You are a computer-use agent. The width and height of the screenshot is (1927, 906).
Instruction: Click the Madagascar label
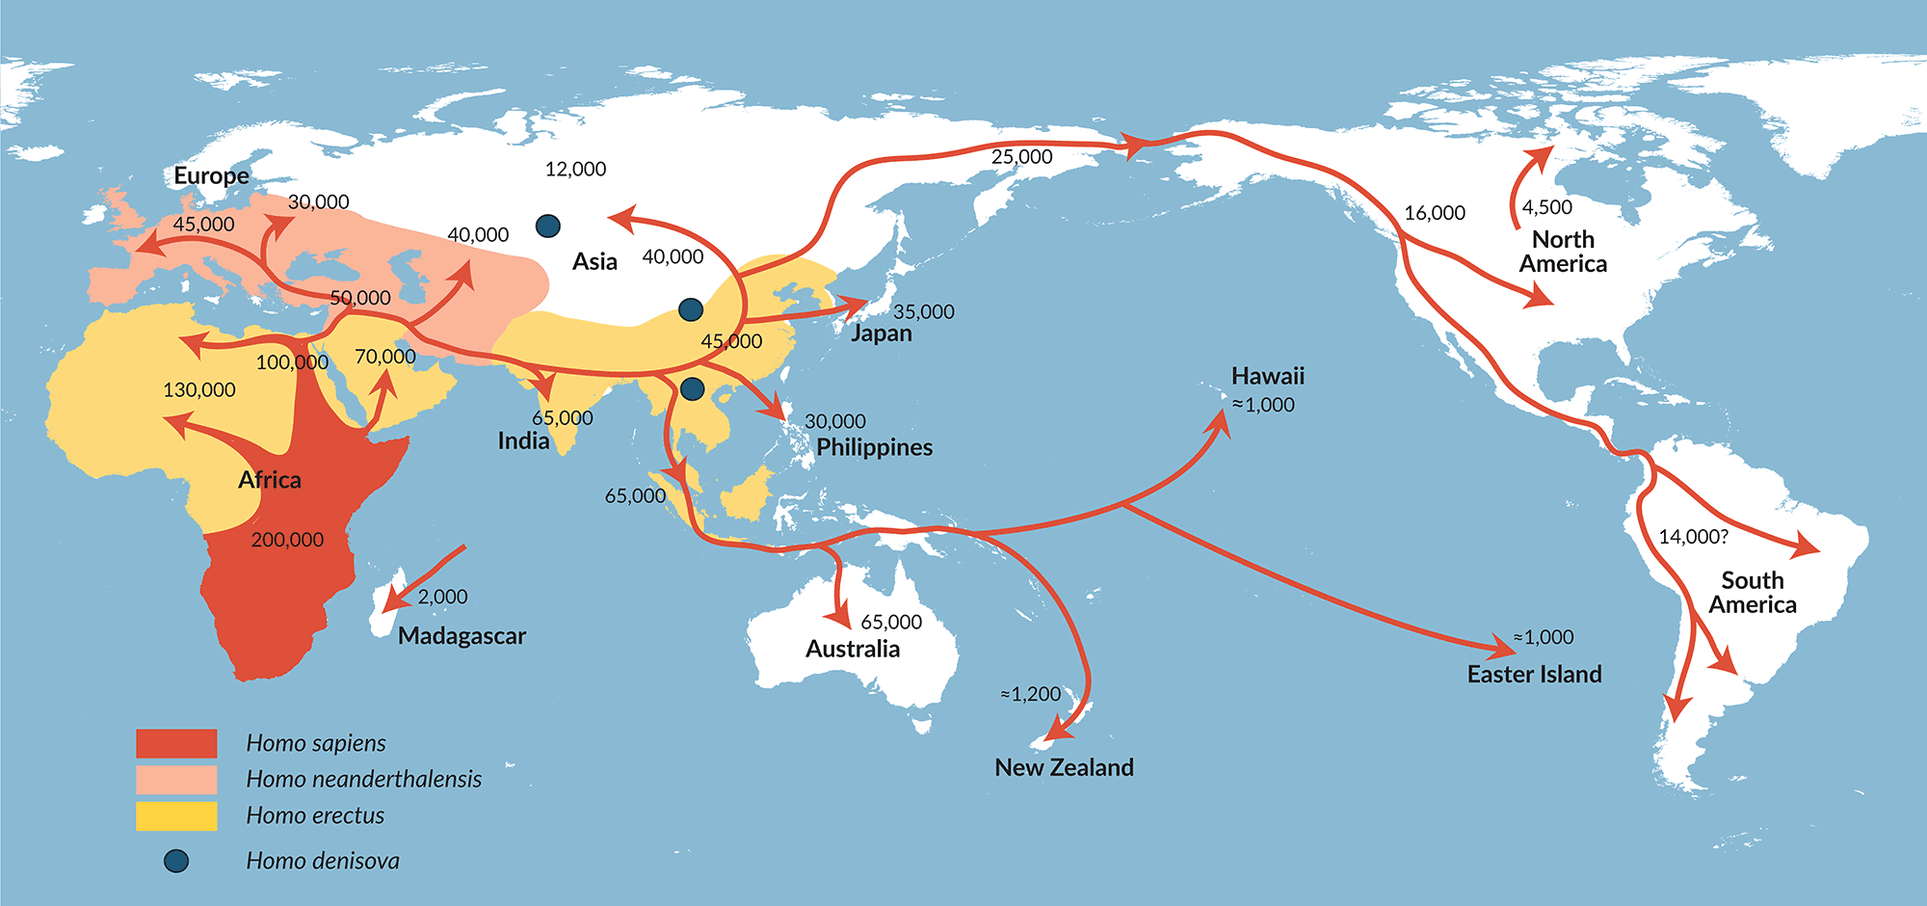(x=462, y=636)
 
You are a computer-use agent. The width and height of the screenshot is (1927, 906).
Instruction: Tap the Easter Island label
(x=1534, y=675)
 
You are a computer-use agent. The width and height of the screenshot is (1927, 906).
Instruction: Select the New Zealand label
(x=1064, y=767)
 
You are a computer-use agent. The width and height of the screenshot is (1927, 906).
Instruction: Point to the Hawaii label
(x=1267, y=376)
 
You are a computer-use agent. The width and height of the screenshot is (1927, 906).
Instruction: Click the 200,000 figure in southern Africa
(x=287, y=540)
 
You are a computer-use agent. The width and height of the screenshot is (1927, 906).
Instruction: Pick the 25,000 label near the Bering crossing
(x=1021, y=157)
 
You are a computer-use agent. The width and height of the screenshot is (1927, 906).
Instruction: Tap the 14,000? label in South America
(x=1693, y=537)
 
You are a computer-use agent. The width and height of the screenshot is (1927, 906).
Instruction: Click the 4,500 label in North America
(x=1546, y=207)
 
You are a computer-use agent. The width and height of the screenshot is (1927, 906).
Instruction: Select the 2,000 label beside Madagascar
(x=442, y=597)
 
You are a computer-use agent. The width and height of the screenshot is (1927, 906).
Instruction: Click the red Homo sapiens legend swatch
(x=176, y=743)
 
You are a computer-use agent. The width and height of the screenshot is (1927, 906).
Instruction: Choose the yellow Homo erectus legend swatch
(x=176, y=815)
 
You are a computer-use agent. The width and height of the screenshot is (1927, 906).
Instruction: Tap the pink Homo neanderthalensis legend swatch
(x=176, y=779)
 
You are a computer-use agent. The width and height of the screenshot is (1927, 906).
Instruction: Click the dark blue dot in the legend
(x=176, y=861)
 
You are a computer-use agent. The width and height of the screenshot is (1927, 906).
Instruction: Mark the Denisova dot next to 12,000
(x=548, y=226)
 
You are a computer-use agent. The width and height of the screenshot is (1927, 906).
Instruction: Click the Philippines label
(x=874, y=447)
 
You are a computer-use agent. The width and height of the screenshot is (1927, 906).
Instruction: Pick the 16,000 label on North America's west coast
(x=1434, y=213)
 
